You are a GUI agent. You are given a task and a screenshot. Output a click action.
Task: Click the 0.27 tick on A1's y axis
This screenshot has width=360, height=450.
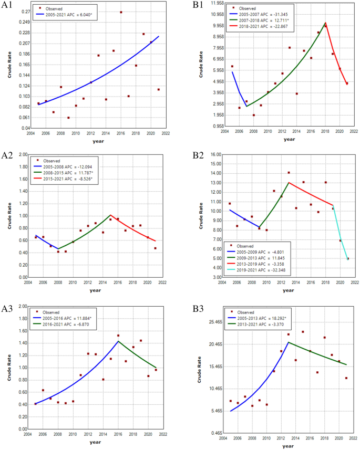click(25, 11)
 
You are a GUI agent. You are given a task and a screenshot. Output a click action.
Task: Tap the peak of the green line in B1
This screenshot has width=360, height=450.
click(325, 23)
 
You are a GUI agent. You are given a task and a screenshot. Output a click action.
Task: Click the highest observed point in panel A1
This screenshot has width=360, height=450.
click(121, 12)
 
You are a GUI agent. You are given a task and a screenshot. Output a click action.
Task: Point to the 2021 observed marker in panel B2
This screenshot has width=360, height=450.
click(347, 258)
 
